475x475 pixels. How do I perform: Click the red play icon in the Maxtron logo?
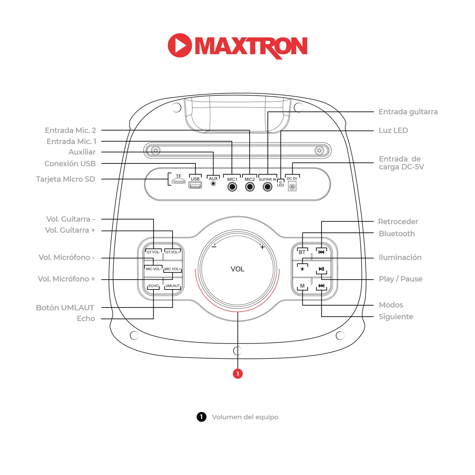click(180, 45)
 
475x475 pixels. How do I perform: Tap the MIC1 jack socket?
click(232, 187)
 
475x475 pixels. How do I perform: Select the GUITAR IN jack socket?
click(268, 187)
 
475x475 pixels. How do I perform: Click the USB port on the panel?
click(195, 185)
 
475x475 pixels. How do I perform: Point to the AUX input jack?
click(213, 184)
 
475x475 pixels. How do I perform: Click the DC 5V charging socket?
click(292, 187)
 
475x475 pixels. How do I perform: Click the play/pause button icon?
click(321, 269)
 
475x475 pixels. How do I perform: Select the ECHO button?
click(154, 286)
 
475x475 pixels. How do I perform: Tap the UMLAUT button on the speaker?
click(173, 286)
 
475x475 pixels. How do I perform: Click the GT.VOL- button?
click(154, 252)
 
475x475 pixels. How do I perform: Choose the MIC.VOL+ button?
click(173, 269)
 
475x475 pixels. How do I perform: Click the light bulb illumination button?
click(302, 269)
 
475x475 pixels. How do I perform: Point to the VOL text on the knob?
click(237, 269)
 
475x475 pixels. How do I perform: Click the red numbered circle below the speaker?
click(237, 374)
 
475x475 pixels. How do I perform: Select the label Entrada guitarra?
click(408, 112)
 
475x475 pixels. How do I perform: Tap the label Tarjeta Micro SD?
click(66, 179)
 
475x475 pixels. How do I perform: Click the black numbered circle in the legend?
click(201, 417)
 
